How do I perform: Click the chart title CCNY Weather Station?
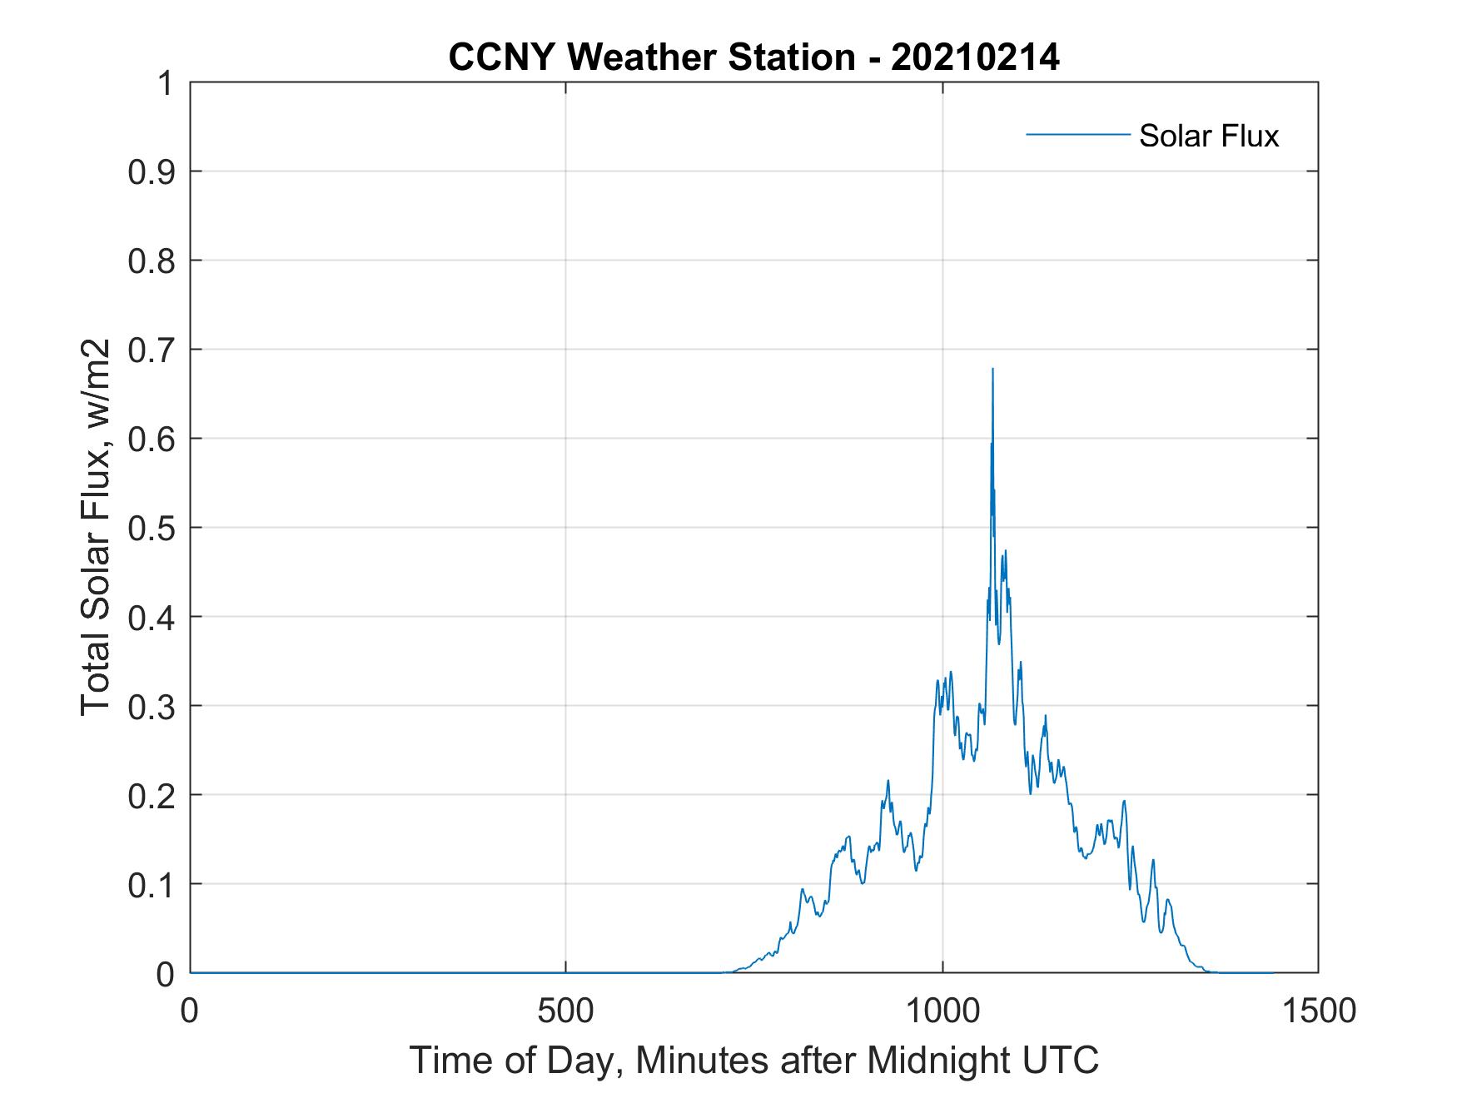[x=651, y=57]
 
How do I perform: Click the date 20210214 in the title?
[x=975, y=57]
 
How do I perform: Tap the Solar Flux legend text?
[x=1208, y=136]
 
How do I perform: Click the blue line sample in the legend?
[x=1077, y=134]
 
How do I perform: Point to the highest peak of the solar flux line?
[x=992, y=369]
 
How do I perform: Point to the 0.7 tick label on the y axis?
[x=153, y=350]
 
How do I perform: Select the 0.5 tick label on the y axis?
[x=153, y=528]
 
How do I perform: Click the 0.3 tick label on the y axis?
[x=153, y=706]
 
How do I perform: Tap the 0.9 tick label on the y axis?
[x=153, y=171]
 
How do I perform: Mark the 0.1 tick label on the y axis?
[x=153, y=884]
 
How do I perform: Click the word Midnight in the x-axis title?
[x=937, y=1060]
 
